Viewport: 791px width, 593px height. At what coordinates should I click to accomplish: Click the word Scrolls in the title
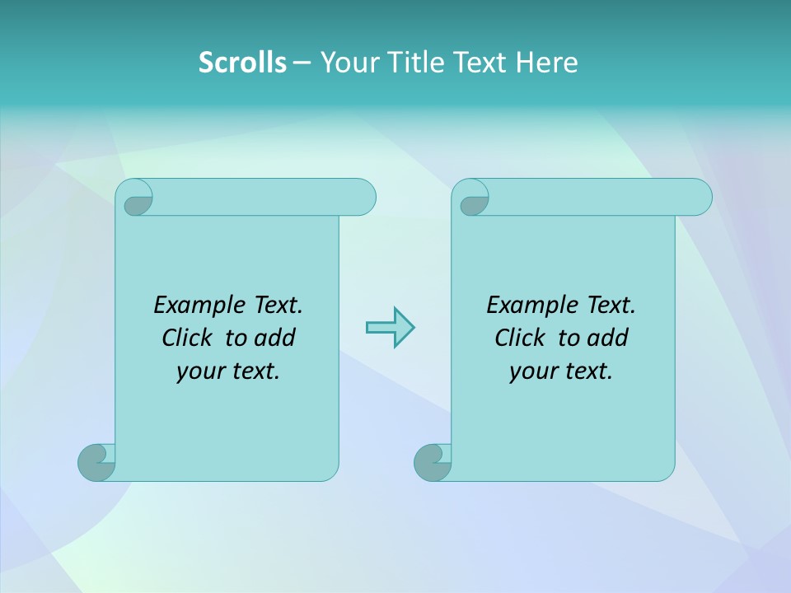[x=242, y=63]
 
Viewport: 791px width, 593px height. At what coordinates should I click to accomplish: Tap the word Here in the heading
[x=547, y=63]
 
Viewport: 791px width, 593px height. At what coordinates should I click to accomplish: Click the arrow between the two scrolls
[x=390, y=327]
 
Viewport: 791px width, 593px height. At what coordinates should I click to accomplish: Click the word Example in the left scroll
[x=190, y=306]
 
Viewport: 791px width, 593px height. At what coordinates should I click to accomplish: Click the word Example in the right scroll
[x=522, y=306]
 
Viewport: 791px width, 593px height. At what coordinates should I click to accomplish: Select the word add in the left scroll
[x=275, y=338]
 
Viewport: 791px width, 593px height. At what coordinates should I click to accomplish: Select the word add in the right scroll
[x=608, y=338]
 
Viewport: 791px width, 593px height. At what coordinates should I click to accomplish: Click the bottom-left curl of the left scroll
[x=96, y=462]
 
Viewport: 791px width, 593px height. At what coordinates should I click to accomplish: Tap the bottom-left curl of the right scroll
[x=433, y=462]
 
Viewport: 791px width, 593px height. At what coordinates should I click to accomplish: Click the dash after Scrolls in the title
[x=301, y=63]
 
